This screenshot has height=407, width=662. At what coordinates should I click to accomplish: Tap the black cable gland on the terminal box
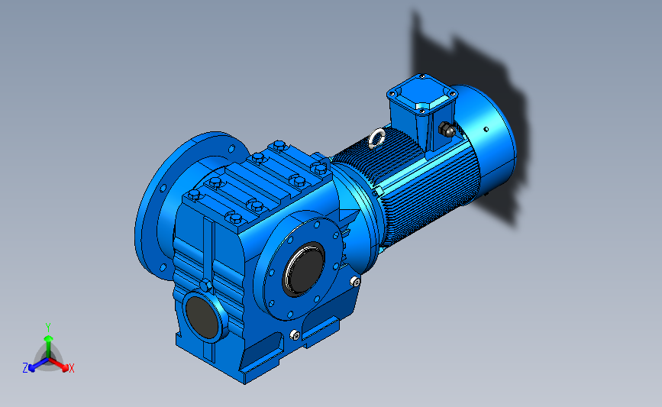coord(446,129)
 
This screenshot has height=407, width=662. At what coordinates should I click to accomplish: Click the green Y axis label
coord(48,328)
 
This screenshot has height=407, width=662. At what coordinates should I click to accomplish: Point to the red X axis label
coord(71,368)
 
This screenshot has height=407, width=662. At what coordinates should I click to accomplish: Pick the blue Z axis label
coord(25,368)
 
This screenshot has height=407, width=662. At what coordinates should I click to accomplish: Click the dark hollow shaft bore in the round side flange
coord(304,269)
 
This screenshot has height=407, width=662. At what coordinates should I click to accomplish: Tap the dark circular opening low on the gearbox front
coord(202,317)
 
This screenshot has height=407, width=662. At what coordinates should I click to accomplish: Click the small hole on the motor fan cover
coord(486,129)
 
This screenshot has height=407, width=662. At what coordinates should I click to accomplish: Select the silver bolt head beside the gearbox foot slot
coord(295,335)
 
